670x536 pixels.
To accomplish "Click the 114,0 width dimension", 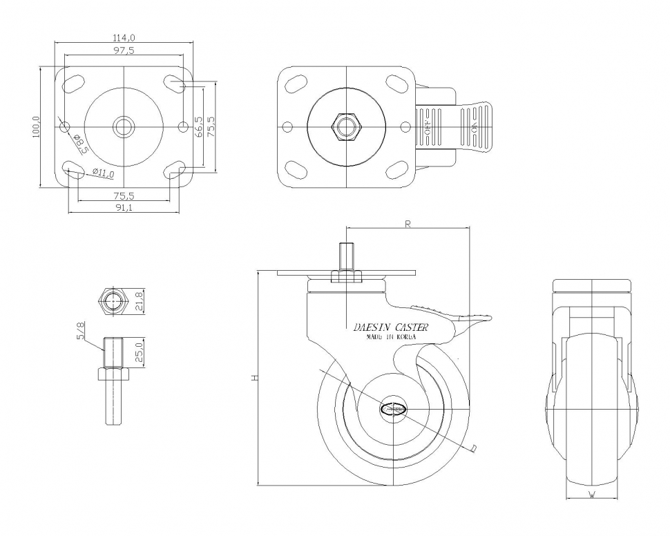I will (124, 38).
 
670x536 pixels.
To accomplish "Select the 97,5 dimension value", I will (124, 51).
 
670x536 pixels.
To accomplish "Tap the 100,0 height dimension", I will (37, 126).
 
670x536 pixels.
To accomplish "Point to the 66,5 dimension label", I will (199, 126).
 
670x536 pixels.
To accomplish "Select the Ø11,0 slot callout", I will (103, 173).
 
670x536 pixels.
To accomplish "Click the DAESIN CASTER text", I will (390, 327).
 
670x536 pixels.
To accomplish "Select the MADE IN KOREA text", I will (390, 338).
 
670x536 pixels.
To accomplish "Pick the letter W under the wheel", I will (592, 495).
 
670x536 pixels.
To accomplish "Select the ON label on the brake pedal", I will (475, 126).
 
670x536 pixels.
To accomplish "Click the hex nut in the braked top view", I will (346, 126).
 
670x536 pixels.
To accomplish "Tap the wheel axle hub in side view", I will (394, 408).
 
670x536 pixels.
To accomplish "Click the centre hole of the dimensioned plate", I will (124, 126).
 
